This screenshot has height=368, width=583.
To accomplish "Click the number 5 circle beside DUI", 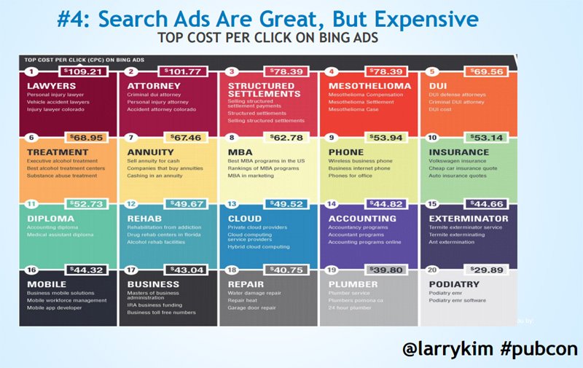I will [434, 71].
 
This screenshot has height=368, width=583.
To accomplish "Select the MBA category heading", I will [240, 152].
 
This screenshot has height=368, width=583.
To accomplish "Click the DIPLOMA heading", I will [51, 218].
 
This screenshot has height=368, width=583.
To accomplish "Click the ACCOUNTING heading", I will [362, 218].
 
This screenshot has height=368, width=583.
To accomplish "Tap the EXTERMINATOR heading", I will [469, 218].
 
